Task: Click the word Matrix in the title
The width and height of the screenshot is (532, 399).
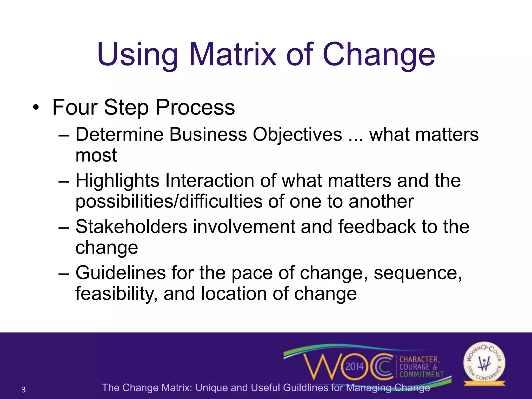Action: tap(232, 55)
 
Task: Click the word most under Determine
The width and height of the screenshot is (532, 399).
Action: tap(96, 156)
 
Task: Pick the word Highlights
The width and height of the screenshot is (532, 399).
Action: tap(117, 181)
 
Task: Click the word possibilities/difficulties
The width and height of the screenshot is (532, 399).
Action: tap(169, 202)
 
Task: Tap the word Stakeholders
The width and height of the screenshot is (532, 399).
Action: tap(131, 227)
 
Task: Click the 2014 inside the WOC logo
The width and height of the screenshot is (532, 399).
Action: tap(355, 367)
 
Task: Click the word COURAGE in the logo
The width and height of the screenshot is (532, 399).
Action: tap(415, 367)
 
